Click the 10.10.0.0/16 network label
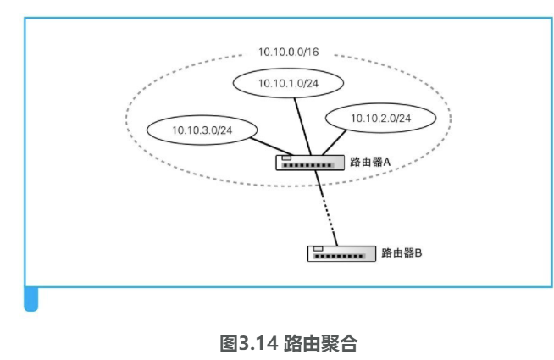[288, 53]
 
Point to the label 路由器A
[369, 161]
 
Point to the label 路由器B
[402, 252]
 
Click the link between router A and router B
[326, 207]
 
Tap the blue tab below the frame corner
[30, 299]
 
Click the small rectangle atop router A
[287, 157]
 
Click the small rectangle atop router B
[319, 247]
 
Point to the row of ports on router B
[343, 255]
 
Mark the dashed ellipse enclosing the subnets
[127, 119]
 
